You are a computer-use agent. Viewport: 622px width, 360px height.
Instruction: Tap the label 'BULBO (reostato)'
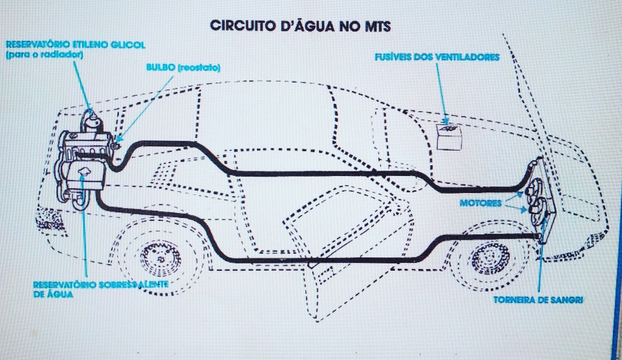pos(182,67)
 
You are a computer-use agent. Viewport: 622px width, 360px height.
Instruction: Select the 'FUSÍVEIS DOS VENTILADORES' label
pos(437,57)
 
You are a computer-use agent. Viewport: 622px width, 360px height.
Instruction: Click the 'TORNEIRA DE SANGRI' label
pos(530,299)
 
